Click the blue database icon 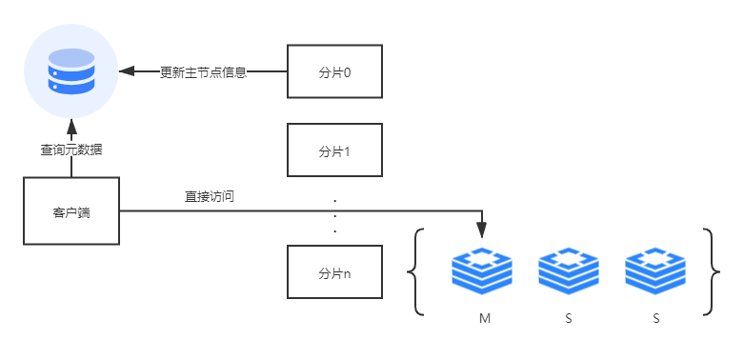pyautogui.click(x=70, y=70)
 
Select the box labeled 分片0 pyautogui.click(x=334, y=70)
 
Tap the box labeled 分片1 pyautogui.click(x=334, y=150)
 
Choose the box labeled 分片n pyautogui.click(x=334, y=272)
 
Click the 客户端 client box pyautogui.click(x=71, y=211)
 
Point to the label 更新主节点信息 pyautogui.click(x=203, y=71)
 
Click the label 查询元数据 pyautogui.click(x=71, y=149)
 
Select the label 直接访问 pyautogui.click(x=210, y=196)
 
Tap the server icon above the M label pyautogui.click(x=482, y=270)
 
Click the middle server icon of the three pyautogui.click(x=569, y=270)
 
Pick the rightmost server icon pyautogui.click(x=655, y=270)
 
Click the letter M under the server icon pyautogui.click(x=483, y=317)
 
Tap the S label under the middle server pyautogui.click(x=569, y=317)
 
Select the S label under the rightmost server pyautogui.click(x=655, y=317)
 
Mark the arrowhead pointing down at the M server pyautogui.click(x=482, y=231)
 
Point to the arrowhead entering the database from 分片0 pyautogui.click(x=125, y=71)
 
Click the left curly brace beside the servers pyautogui.click(x=414, y=271)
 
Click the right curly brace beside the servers pyautogui.click(x=709, y=271)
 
